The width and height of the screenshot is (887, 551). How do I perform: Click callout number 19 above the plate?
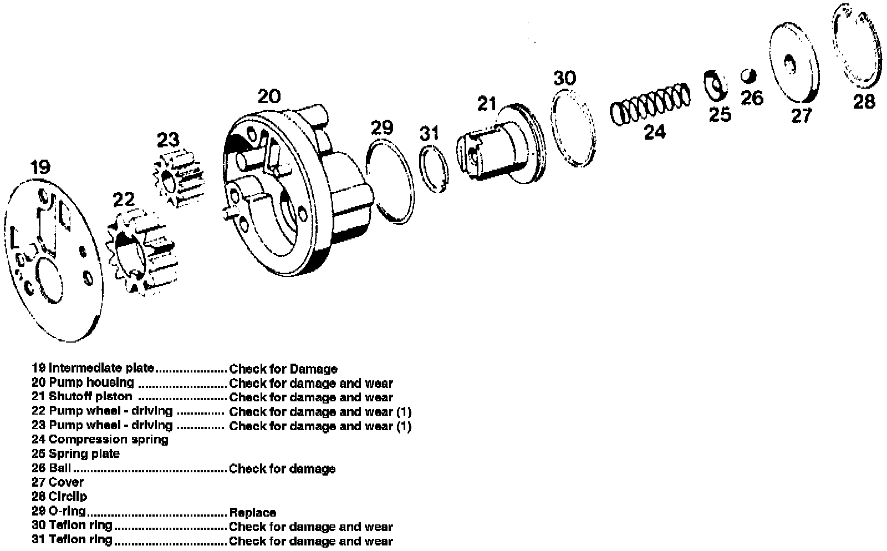click(40, 167)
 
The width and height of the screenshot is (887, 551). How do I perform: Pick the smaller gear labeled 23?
click(179, 178)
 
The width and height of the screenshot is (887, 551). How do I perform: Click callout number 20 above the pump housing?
click(269, 96)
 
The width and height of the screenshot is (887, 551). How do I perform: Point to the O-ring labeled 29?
click(390, 183)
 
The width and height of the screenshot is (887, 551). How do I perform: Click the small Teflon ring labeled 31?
click(434, 169)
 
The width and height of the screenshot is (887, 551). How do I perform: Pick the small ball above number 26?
click(749, 74)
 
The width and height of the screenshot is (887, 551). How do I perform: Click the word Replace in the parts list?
click(252, 512)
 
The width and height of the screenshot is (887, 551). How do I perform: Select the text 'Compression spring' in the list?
click(109, 440)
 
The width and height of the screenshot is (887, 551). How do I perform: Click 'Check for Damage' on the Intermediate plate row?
click(283, 369)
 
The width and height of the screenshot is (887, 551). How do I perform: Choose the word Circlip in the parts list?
click(68, 496)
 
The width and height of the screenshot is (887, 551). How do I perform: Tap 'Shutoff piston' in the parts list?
click(90, 396)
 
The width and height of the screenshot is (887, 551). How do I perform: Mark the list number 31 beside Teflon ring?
click(38, 539)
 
